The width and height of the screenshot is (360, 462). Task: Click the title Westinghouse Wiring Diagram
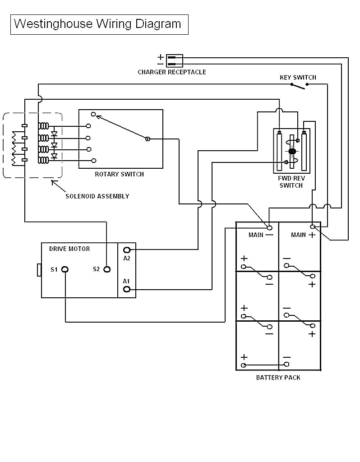pyautogui.click(x=98, y=24)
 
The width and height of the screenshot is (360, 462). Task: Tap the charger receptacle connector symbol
pyautogui.click(x=174, y=60)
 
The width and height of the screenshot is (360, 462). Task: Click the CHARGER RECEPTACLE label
pyautogui.click(x=171, y=72)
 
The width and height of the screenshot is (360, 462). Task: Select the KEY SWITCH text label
pyautogui.click(x=298, y=78)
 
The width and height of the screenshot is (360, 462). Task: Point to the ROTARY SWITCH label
pyautogui.click(x=119, y=174)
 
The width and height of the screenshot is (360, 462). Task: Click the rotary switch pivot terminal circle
pyautogui.click(x=148, y=139)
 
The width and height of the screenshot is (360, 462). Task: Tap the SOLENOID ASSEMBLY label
pyautogui.click(x=97, y=196)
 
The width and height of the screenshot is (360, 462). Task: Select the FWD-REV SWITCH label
pyautogui.click(x=291, y=182)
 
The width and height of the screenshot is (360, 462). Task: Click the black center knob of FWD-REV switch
pyautogui.click(x=292, y=151)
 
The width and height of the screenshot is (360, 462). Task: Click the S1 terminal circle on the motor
pyautogui.click(x=65, y=269)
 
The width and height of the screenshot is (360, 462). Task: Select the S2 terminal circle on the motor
pyautogui.click(x=107, y=269)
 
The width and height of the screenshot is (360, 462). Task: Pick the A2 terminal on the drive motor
pyautogui.click(x=127, y=249)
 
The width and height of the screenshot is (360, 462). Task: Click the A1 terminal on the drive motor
pyautogui.click(x=127, y=289)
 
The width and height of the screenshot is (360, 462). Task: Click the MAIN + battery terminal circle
pyautogui.click(x=312, y=226)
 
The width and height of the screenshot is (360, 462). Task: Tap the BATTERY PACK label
pyautogui.click(x=278, y=378)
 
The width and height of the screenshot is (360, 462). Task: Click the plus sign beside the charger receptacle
pyautogui.click(x=161, y=57)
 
